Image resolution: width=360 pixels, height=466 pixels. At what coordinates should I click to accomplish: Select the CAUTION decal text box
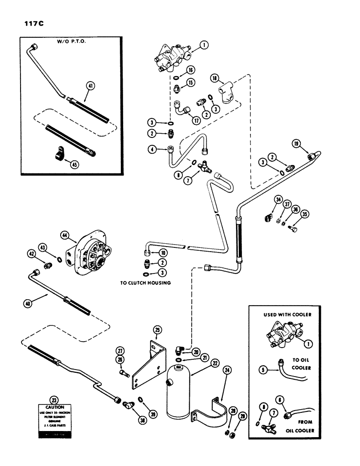click(56, 418)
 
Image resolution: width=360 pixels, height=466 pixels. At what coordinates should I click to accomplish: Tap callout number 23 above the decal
click(56, 399)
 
